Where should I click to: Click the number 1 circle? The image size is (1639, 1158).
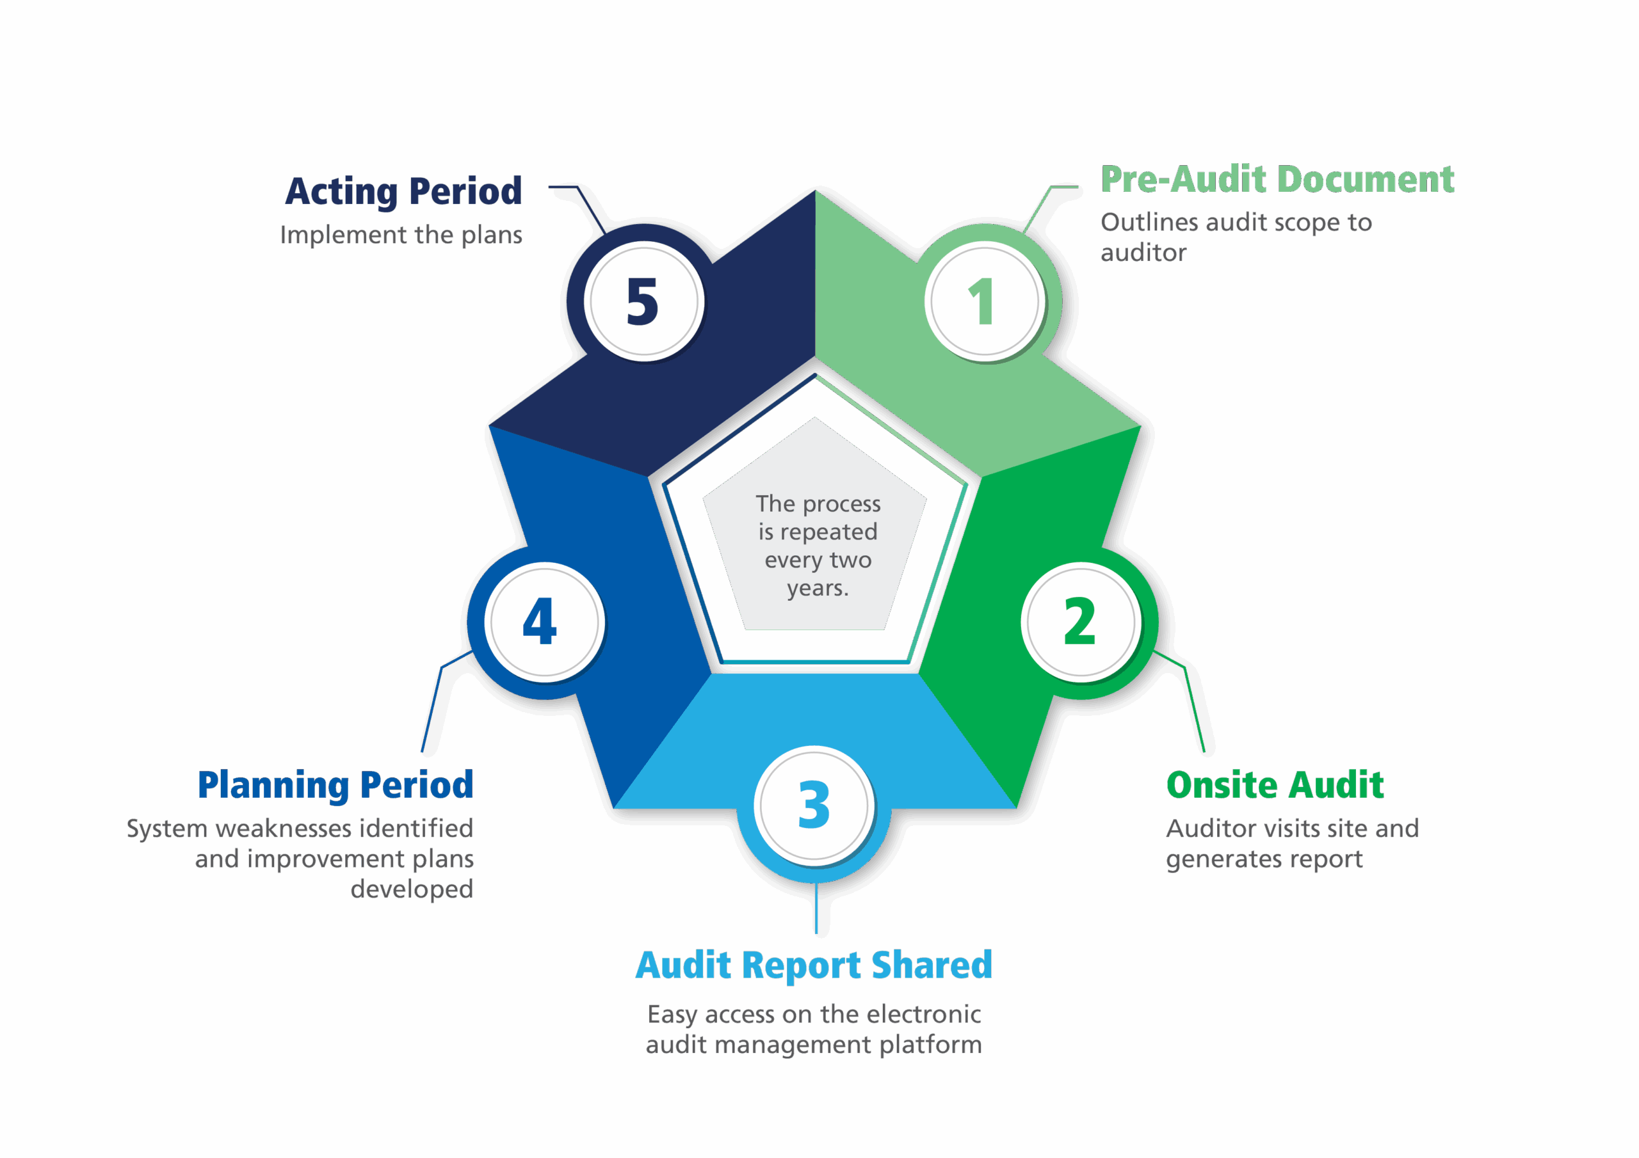(x=985, y=301)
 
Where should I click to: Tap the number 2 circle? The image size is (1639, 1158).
(x=1080, y=621)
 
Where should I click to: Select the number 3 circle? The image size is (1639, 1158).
(x=814, y=805)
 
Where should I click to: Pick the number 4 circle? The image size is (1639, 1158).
(x=545, y=621)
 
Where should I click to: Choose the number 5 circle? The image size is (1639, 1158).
(x=644, y=301)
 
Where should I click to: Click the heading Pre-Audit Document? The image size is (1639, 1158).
(x=1277, y=179)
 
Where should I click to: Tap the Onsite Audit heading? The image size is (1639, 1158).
(x=1275, y=785)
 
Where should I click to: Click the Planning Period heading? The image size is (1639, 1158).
(x=335, y=786)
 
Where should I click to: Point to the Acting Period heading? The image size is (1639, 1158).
(x=403, y=191)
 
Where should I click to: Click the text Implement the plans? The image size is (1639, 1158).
(x=401, y=235)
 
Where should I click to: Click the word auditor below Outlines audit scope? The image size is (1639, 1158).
(x=1143, y=253)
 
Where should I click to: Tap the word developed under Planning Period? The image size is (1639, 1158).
(x=412, y=889)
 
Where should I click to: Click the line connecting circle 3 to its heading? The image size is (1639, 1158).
(x=816, y=908)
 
